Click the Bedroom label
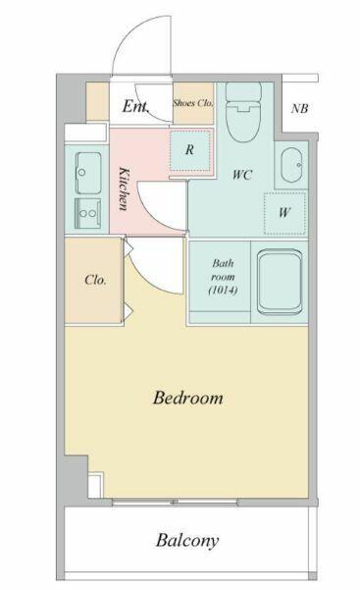(187, 398)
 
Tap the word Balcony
(187, 541)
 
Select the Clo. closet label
(95, 280)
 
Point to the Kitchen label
(124, 188)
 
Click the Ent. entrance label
(135, 106)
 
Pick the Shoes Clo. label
(193, 103)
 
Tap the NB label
(299, 108)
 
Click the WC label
(242, 175)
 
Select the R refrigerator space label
(189, 150)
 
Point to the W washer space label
(284, 213)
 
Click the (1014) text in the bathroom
(223, 291)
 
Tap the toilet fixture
(243, 112)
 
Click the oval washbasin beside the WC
(291, 165)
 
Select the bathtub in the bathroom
(280, 282)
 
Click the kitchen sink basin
(88, 173)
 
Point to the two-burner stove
(87, 213)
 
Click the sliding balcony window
(175, 502)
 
